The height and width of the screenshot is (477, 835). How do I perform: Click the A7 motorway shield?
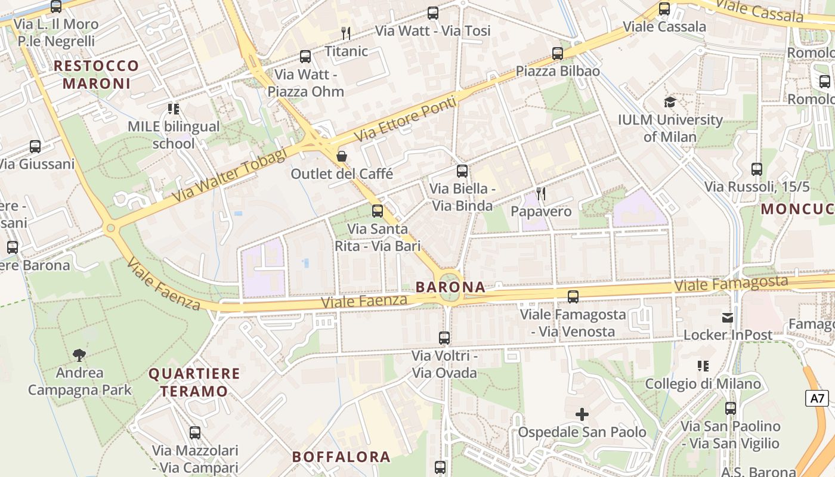click(x=818, y=398)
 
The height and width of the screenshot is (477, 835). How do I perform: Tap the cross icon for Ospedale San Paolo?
click(x=582, y=414)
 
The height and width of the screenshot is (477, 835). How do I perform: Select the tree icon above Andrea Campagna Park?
click(x=79, y=355)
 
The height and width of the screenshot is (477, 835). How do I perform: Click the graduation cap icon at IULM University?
click(x=670, y=102)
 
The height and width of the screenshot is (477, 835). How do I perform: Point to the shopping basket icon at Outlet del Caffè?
click(x=342, y=156)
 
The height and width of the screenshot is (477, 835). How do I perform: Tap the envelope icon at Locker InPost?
click(x=728, y=318)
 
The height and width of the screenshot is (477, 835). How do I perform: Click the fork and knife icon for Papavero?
click(x=541, y=194)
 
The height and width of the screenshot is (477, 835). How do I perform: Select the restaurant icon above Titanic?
click(x=346, y=33)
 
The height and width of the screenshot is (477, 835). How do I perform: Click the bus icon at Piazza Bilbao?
click(x=558, y=54)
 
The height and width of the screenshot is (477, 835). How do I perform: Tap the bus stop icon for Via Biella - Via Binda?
click(x=462, y=172)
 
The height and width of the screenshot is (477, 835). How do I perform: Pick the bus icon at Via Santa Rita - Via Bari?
click(x=378, y=211)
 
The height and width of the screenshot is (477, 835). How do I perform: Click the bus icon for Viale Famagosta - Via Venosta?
click(x=573, y=296)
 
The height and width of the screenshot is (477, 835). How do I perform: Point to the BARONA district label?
click(x=450, y=287)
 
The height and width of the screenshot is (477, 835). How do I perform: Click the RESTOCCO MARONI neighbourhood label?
click(x=97, y=75)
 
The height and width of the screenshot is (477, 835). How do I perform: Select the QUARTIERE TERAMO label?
click(x=194, y=383)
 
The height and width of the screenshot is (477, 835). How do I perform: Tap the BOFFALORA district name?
click(x=341, y=457)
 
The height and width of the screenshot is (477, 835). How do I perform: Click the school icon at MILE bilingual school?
click(x=174, y=109)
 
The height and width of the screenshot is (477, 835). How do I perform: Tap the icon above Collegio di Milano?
click(x=703, y=366)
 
